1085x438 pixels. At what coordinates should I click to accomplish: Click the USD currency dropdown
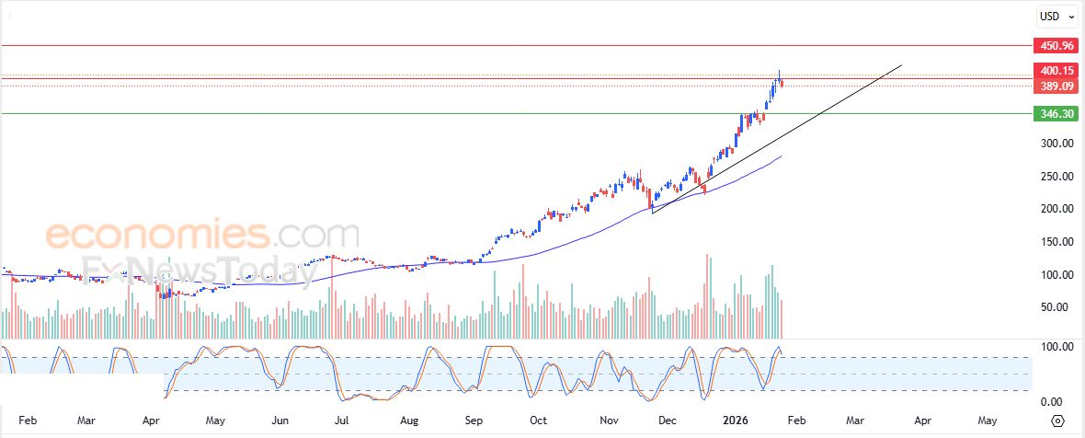coord(1053,16)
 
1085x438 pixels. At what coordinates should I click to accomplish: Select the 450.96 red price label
coord(1056,45)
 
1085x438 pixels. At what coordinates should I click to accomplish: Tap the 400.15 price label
coord(1056,71)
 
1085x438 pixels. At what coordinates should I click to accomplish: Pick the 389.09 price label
coord(1056,86)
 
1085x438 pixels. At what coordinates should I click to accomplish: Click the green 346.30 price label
coord(1056,114)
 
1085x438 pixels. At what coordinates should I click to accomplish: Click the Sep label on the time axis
coord(474,421)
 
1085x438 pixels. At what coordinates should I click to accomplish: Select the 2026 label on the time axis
coord(735,421)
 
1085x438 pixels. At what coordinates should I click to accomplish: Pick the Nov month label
coord(610,421)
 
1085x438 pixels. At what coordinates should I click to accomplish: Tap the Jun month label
coord(280,421)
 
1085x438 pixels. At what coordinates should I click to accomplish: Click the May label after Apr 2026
coord(987,421)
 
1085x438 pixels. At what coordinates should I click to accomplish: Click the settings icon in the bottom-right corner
coord(1057,421)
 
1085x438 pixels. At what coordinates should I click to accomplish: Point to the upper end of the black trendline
coord(901,65)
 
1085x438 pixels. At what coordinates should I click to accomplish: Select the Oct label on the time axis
coord(538,421)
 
